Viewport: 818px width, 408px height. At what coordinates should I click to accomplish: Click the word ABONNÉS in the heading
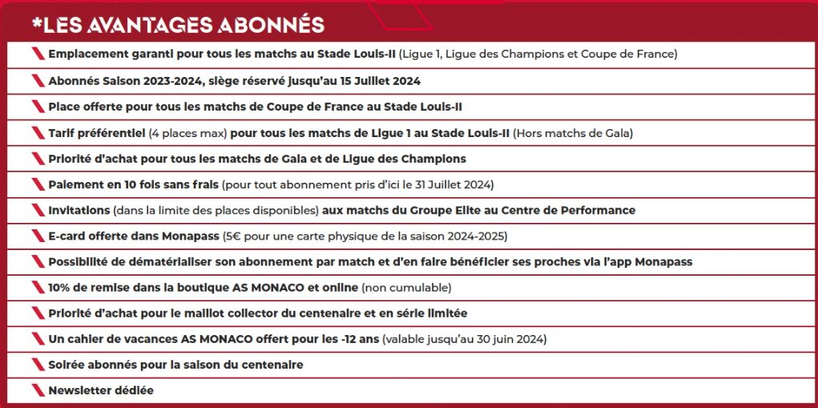tap(270, 25)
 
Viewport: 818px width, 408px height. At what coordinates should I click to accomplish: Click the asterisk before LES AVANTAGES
tap(36, 23)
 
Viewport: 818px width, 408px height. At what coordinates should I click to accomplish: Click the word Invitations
tap(79, 210)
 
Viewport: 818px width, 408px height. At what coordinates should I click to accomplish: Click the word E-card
tap(68, 236)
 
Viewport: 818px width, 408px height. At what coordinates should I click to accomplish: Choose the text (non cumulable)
tap(407, 287)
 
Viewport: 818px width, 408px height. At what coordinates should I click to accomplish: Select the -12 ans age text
tap(358, 339)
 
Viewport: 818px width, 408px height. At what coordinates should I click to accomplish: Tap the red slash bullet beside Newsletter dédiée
tap(37, 390)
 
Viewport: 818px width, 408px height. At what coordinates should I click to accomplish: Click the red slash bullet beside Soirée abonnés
tap(37, 365)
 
